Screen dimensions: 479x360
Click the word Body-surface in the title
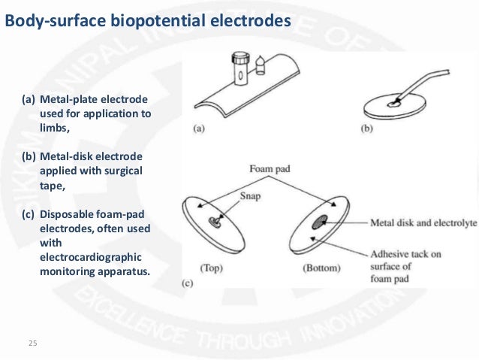tap(48, 20)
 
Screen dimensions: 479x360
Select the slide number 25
tap(32, 343)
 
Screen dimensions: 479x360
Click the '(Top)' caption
tap(212, 267)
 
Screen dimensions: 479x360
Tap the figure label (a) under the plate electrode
tap(199, 128)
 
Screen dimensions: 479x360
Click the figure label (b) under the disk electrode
tap(367, 128)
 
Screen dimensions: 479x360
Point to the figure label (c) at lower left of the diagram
tap(188, 283)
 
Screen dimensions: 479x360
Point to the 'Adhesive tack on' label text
tap(406, 254)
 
